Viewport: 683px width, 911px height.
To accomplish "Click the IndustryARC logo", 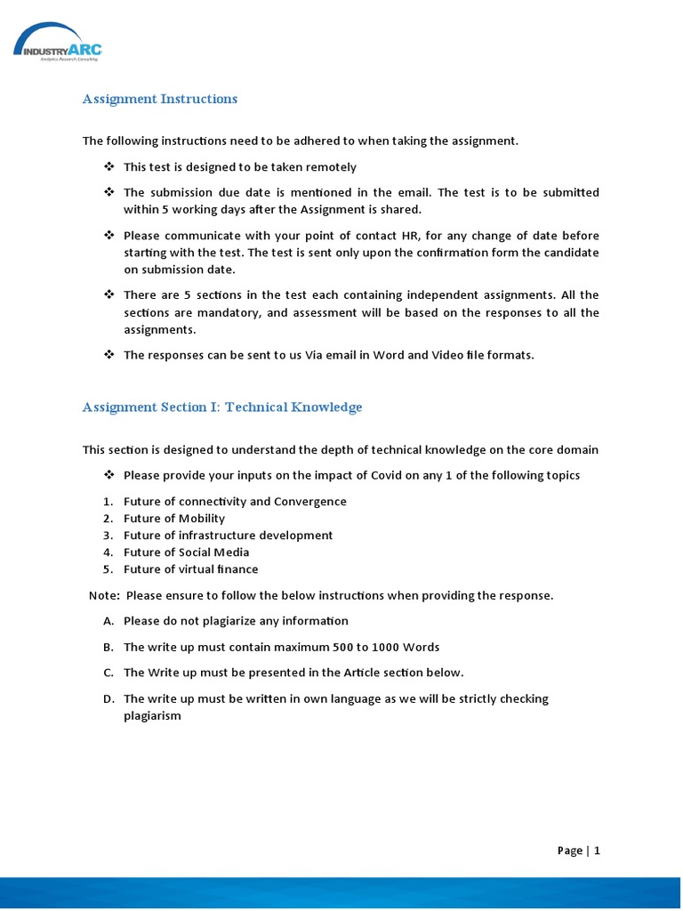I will (x=58, y=42).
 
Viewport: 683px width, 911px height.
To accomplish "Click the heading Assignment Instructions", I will (x=160, y=99).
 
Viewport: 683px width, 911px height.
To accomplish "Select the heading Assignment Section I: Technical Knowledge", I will (x=222, y=407).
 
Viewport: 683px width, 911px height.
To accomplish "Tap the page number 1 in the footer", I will (x=597, y=851).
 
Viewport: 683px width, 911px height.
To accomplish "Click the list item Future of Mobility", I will (x=174, y=519).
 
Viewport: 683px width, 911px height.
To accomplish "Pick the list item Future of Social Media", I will (x=186, y=552).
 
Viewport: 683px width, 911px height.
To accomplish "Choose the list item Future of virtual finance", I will (x=191, y=569).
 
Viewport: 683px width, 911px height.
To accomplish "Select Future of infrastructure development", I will (x=228, y=536).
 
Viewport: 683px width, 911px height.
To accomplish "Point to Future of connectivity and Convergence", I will (x=235, y=502).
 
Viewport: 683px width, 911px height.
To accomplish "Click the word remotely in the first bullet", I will (x=332, y=167).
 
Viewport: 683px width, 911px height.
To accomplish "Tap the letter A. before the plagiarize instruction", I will (x=108, y=621).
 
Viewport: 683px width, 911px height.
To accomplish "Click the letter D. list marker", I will (x=108, y=699).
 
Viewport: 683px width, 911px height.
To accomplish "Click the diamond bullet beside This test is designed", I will (x=108, y=167).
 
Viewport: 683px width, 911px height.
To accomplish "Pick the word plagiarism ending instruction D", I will (x=152, y=716).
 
